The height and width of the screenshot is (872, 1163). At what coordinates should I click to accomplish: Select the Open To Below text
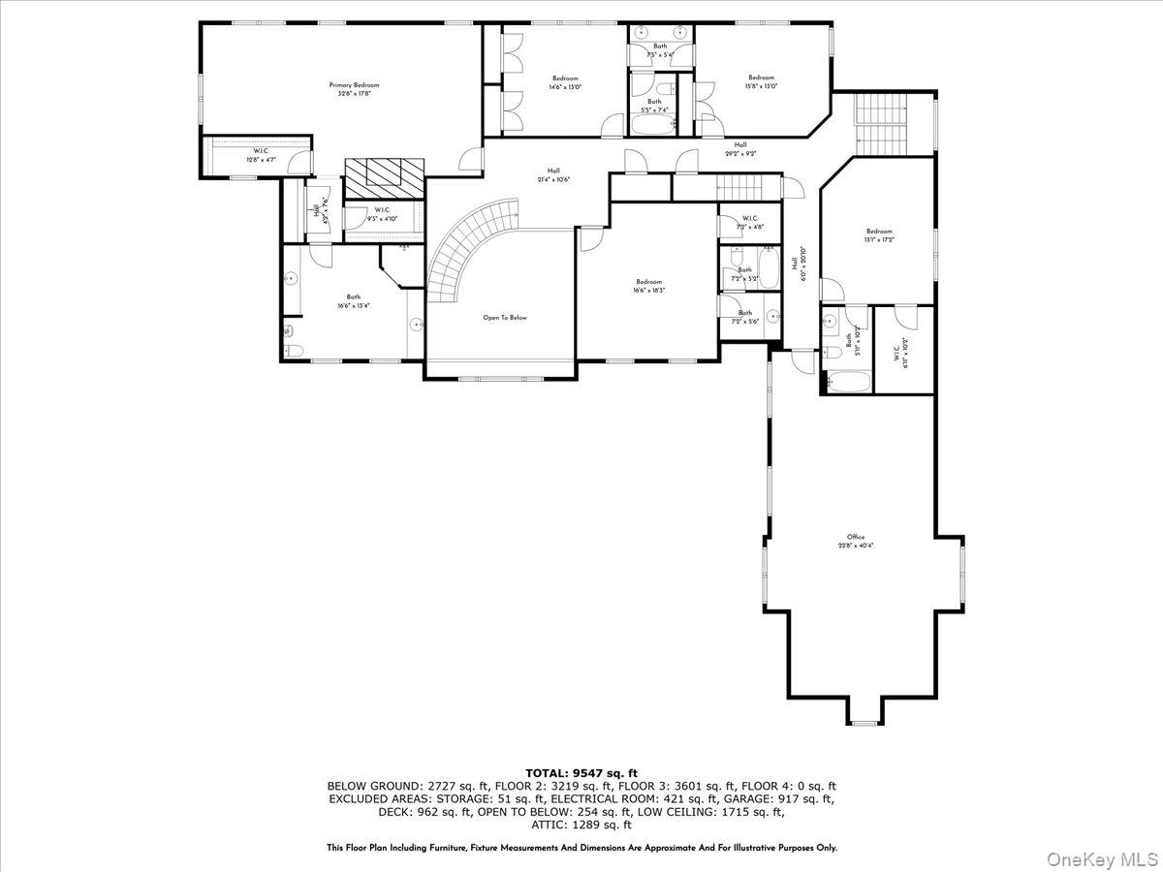(505, 317)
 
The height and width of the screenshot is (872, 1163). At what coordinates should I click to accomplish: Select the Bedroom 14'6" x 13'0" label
(565, 82)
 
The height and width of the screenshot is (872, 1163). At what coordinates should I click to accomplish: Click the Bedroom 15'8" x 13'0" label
(761, 81)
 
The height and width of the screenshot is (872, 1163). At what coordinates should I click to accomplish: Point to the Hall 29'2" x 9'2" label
(740, 148)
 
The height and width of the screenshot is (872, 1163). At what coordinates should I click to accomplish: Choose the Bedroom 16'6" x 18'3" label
(648, 286)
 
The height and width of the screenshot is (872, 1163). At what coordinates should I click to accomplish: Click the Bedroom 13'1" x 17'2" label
(878, 235)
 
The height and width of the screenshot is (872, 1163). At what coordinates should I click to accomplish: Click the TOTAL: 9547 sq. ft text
(581, 772)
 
